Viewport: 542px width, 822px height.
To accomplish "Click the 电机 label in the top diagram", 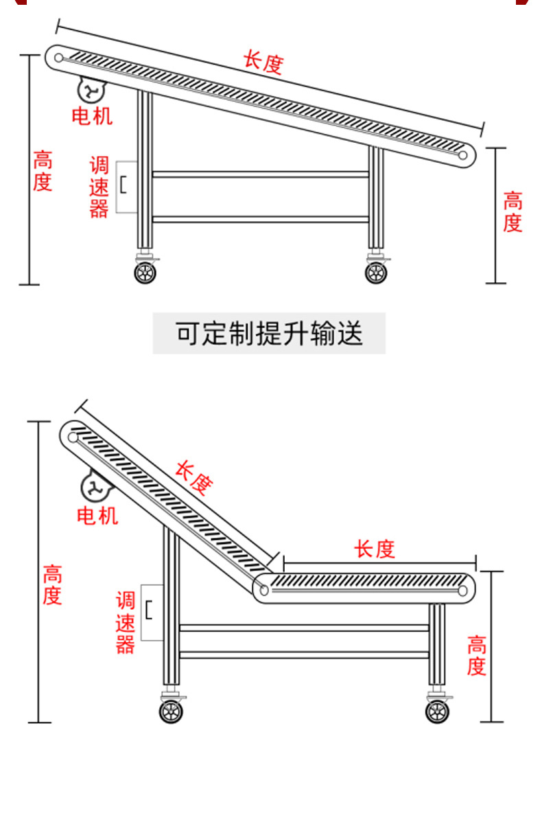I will point(93,115).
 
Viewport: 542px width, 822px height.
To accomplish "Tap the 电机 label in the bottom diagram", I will point(97,514).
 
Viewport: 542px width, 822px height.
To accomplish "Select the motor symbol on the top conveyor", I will point(90,90).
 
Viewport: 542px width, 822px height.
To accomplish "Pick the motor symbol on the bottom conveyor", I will point(96,488).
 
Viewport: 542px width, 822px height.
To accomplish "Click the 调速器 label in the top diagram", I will point(99,187).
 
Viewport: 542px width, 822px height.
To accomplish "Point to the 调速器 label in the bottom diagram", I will point(126,623).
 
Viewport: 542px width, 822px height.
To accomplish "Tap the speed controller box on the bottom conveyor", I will point(152,612).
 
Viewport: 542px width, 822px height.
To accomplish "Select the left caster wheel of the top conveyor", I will point(145,272).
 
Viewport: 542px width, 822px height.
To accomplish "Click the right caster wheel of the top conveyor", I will point(375,272).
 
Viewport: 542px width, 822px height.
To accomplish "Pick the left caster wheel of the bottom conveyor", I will point(171,711).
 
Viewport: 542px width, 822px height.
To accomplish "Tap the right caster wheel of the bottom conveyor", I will point(437,711).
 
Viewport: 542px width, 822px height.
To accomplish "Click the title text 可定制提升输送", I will point(269,334).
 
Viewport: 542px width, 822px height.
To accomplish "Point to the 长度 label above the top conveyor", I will point(263,62).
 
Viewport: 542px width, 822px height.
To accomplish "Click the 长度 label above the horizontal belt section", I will point(375,549).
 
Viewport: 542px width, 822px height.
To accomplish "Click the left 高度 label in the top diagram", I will point(43,172).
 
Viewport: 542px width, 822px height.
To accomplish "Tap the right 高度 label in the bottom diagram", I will point(477,656).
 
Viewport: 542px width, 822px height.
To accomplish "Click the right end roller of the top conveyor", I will point(463,155).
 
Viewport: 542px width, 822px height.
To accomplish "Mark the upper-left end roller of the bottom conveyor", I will point(73,436).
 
